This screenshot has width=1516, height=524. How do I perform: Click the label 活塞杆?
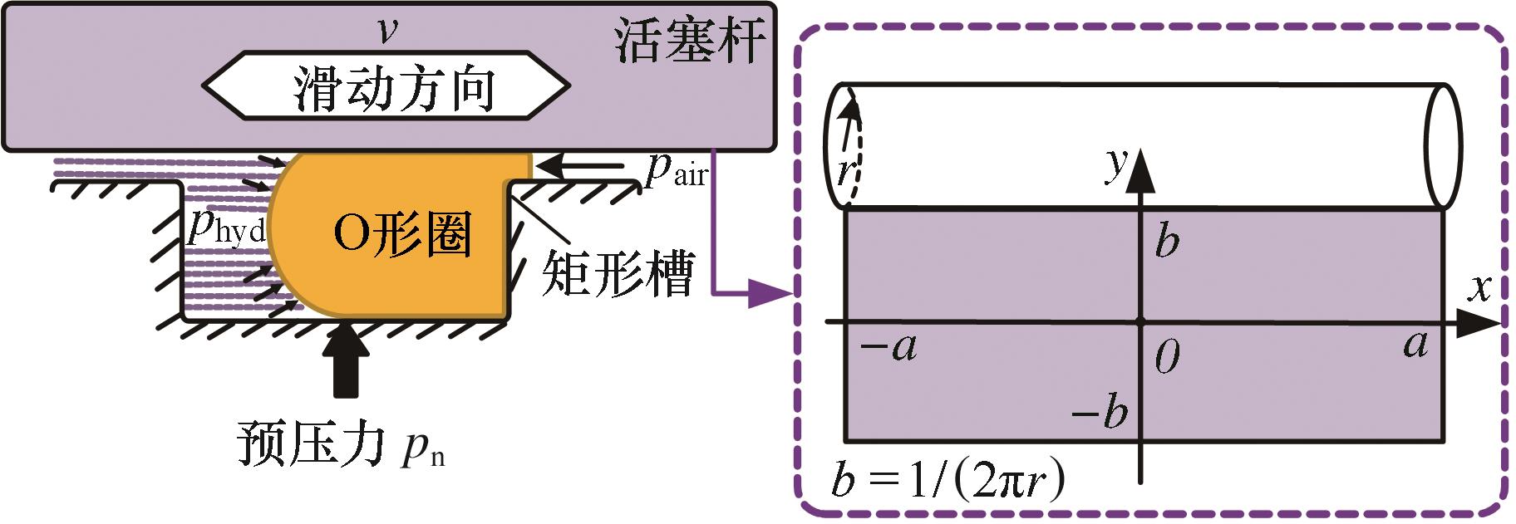(x=689, y=41)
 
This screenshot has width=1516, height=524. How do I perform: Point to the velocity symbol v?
(x=386, y=31)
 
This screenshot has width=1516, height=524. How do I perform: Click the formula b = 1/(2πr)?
(x=947, y=482)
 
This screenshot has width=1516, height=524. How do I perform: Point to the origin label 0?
(x=1167, y=358)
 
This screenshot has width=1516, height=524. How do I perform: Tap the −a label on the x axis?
(x=888, y=347)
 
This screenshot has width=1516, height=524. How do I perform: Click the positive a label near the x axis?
(x=1415, y=344)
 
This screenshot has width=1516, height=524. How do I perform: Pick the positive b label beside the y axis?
(x=1168, y=242)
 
